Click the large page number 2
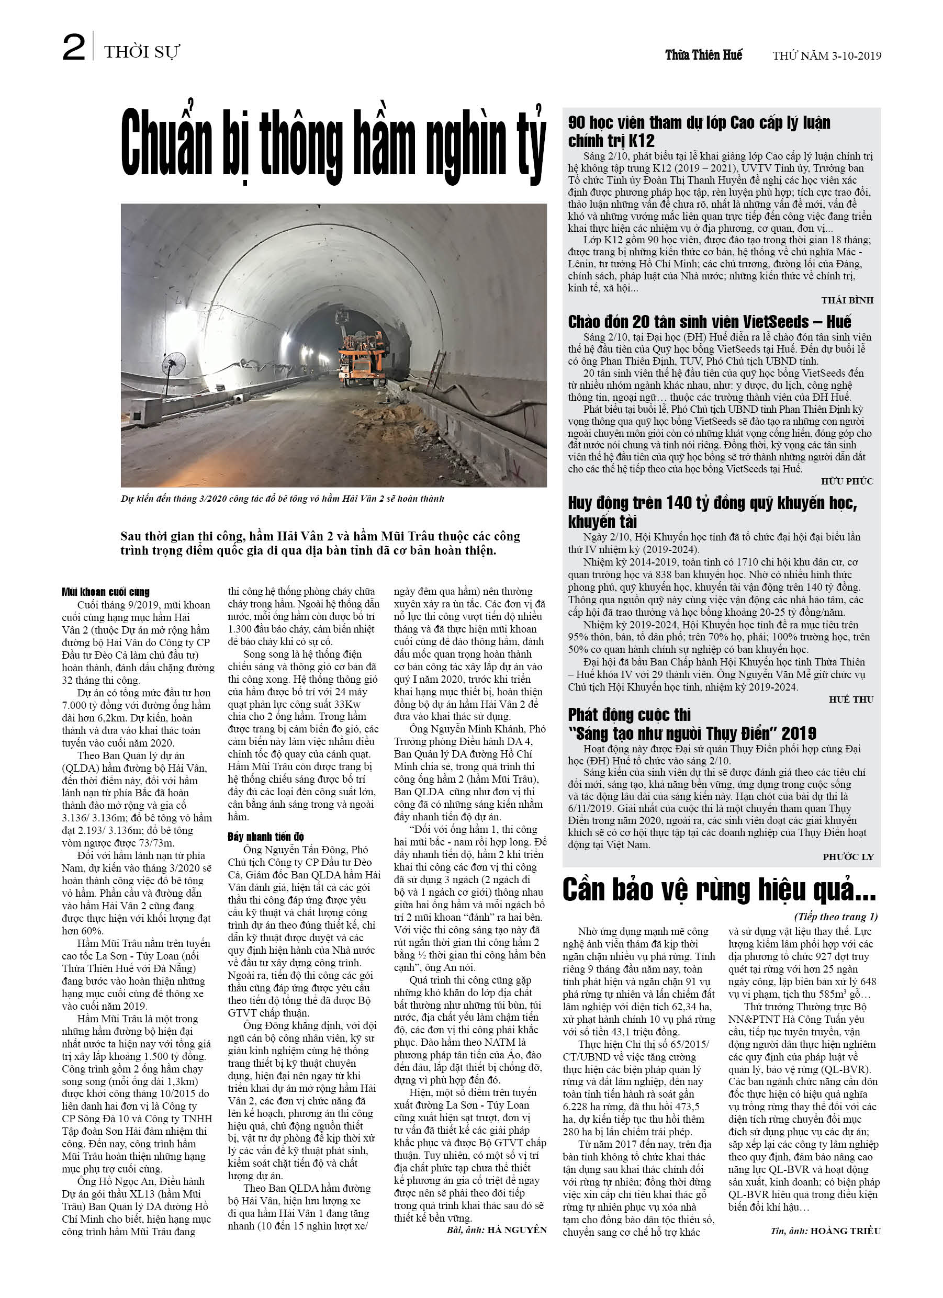pyautogui.click(x=74, y=48)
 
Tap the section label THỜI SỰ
pyautogui.click(x=141, y=53)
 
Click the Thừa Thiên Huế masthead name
pyautogui.click(x=704, y=55)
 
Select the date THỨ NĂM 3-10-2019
pyautogui.click(x=826, y=56)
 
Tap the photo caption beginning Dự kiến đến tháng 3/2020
pyautogui.click(x=282, y=499)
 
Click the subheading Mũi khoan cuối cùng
pyautogui.click(x=105, y=592)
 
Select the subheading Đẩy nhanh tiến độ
pyautogui.click(x=266, y=837)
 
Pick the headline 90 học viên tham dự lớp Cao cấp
pyautogui.click(x=699, y=131)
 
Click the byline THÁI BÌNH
pyautogui.click(x=847, y=300)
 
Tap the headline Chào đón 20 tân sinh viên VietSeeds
pyautogui.click(x=709, y=322)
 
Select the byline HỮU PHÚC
pyautogui.click(x=847, y=481)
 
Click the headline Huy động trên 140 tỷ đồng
pyautogui.click(x=712, y=512)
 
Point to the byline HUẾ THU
pyautogui.click(x=851, y=699)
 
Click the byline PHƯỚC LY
pyautogui.click(x=848, y=857)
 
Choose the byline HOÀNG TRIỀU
pyautogui.click(x=845, y=1231)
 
